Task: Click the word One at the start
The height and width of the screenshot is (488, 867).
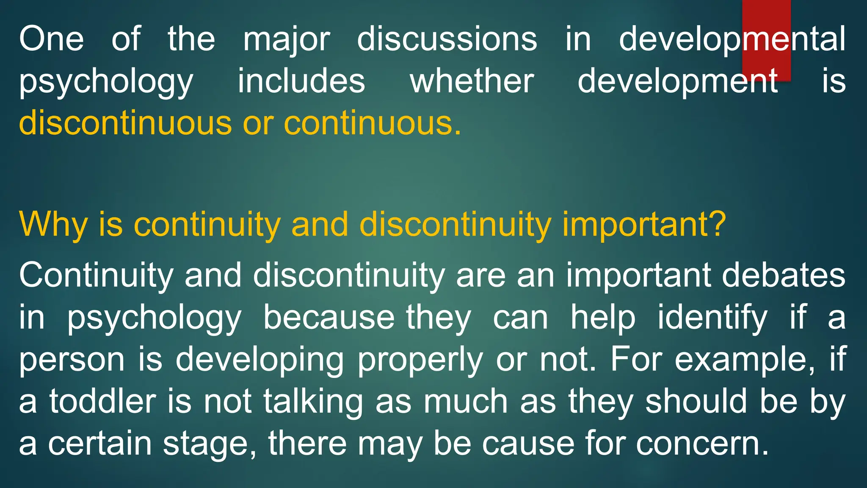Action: coord(51,39)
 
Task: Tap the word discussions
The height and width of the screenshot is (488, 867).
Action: coord(447,39)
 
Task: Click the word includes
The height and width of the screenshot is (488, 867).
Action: coord(301,81)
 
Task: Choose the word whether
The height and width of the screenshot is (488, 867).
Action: coord(472,81)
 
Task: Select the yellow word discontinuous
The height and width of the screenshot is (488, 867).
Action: coord(125,123)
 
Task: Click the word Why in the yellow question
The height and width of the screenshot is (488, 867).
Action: coord(53,225)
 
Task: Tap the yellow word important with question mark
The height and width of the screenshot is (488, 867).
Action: coord(643,225)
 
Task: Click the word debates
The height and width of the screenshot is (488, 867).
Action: coord(784,275)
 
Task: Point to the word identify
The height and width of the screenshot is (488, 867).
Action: coord(712,318)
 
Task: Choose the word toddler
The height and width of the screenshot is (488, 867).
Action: coord(102,402)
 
